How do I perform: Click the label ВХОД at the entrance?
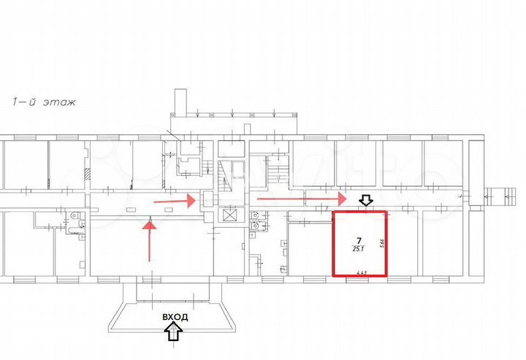tap(175, 317)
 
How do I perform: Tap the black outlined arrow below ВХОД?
tap(174, 333)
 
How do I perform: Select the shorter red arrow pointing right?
tap(174, 199)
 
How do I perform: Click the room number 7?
tap(359, 240)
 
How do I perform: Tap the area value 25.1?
tap(359, 248)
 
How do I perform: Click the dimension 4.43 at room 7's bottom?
tap(360, 273)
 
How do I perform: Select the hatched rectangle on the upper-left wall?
tap(87, 174)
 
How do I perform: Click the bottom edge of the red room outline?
tap(360, 277)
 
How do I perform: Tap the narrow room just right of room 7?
tap(401, 245)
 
